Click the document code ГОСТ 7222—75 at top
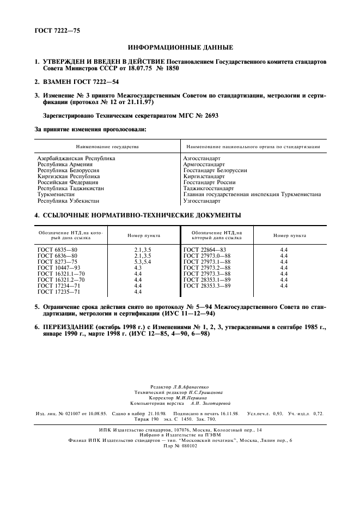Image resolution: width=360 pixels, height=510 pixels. coord(57,31)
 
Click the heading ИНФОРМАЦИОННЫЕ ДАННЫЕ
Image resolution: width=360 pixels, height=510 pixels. coord(180,47)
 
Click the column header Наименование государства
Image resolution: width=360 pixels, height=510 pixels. coord(107,147)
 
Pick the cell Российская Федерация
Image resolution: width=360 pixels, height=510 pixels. coord(68,183)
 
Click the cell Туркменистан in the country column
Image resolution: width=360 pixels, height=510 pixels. coord(56,195)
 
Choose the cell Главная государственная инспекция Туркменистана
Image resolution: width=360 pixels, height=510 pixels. coord(252,195)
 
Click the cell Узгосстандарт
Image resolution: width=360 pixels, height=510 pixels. coord(202,201)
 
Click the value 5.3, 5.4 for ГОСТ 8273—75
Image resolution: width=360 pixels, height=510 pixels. coord(142,262)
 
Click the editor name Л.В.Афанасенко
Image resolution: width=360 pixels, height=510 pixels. coord(194,387)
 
